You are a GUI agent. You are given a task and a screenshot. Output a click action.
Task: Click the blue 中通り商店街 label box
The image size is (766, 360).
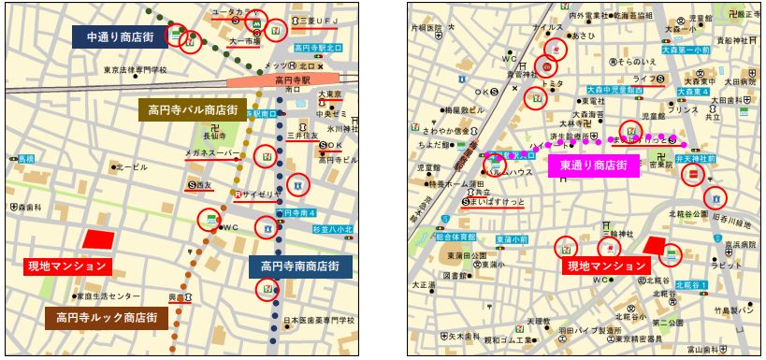(x=119, y=36)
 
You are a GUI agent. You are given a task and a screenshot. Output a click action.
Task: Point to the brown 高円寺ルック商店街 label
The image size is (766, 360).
(x=107, y=317)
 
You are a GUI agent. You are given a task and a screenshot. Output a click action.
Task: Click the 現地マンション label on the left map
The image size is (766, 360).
(x=65, y=266)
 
